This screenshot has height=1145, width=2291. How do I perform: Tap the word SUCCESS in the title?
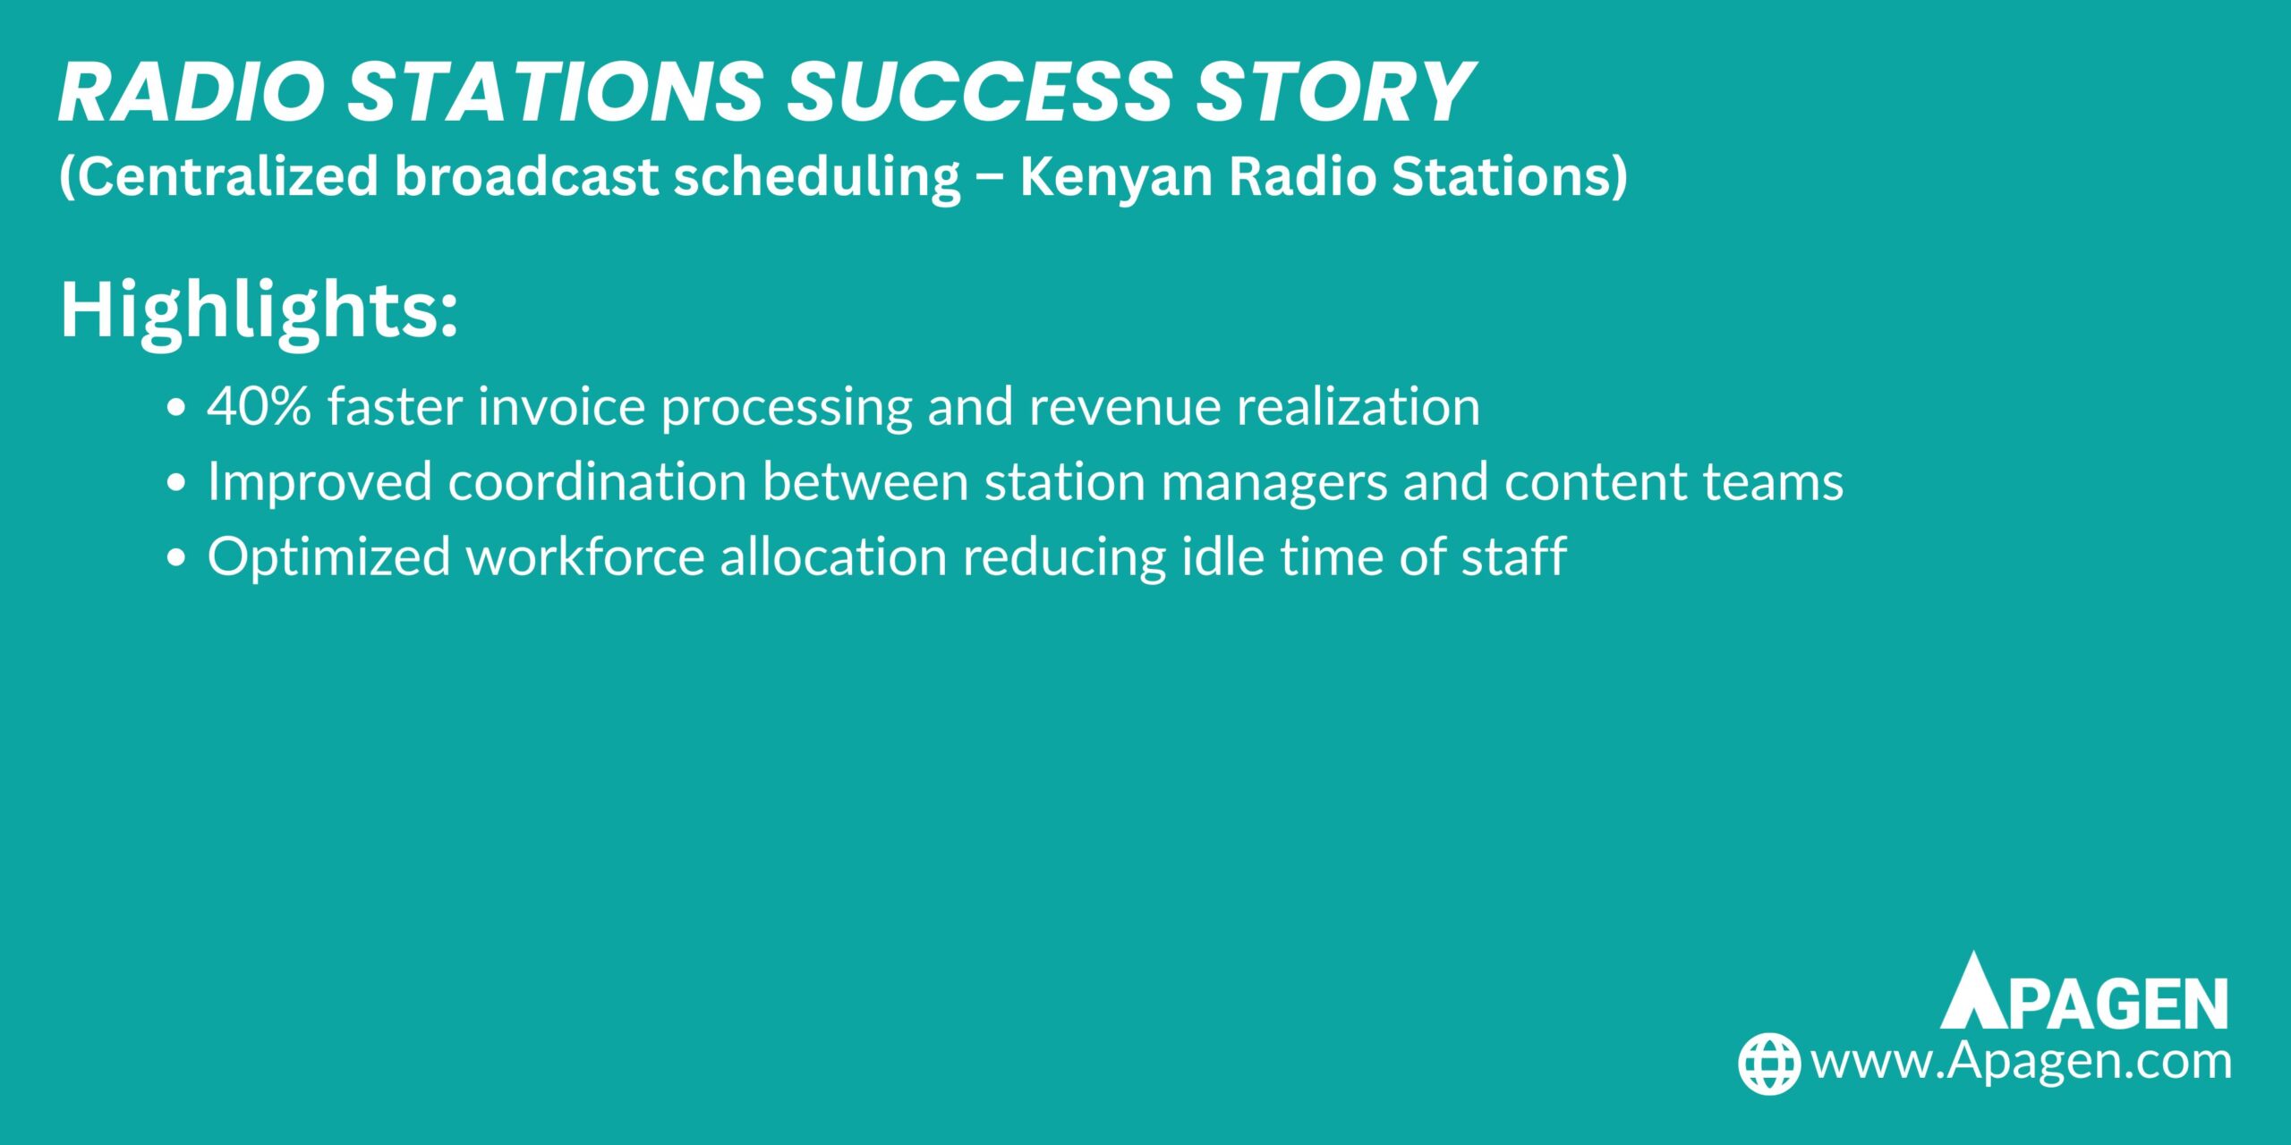pos(979,92)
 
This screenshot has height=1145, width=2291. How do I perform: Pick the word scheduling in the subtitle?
pos(817,176)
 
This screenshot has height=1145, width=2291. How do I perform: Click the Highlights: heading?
pos(260,310)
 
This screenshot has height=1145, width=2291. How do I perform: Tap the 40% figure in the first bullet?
pos(260,407)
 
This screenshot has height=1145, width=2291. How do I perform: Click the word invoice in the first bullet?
pos(562,407)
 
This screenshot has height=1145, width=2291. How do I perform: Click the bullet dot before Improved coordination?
pos(177,483)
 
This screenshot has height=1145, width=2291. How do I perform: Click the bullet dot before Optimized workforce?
pos(177,557)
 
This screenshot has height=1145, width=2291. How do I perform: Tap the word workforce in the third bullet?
pos(585,557)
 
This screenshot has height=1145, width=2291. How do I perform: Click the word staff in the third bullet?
pos(1513,556)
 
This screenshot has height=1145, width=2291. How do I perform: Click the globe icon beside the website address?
pos(1768,1064)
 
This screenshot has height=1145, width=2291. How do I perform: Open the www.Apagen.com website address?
pos(2021,1062)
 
